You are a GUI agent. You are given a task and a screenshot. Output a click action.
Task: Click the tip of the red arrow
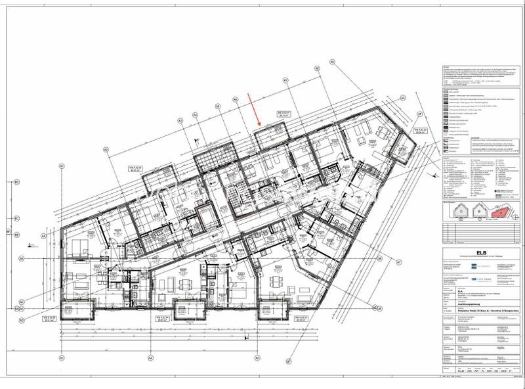[261, 125]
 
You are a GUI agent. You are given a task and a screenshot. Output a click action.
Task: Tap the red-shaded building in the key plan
[499, 210]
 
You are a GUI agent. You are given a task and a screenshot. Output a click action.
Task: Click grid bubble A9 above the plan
[332, 62]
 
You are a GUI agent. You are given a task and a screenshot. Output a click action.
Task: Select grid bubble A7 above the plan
[285, 80]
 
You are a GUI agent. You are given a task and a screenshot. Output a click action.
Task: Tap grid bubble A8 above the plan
[316, 68]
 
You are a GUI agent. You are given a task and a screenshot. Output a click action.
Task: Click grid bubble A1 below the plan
[61, 358]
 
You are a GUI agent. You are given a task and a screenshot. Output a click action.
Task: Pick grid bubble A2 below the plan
[150, 358]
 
